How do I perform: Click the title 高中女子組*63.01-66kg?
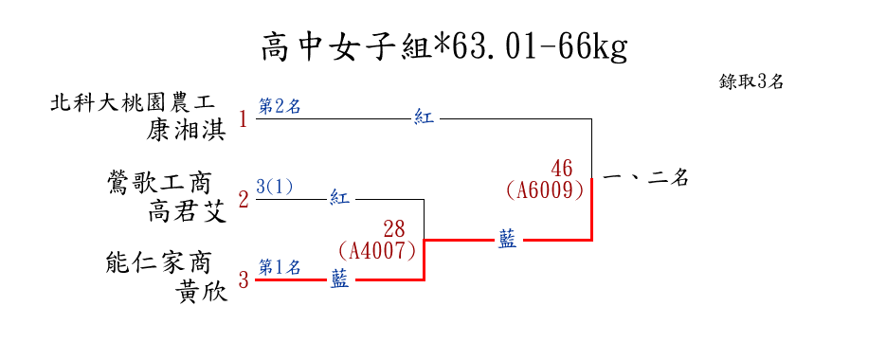click(444, 47)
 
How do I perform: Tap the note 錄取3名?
click(750, 81)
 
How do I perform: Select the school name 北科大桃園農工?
click(133, 103)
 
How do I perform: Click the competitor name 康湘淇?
click(186, 131)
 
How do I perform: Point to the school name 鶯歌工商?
click(159, 183)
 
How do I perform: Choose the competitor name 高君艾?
click(187, 212)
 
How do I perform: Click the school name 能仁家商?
click(158, 262)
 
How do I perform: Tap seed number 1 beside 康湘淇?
click(244, 119)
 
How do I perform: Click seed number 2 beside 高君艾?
click(244, 200)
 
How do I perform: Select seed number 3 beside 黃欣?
click(244, 279)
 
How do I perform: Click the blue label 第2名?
click(280, 106)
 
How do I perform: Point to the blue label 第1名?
click(280, 266)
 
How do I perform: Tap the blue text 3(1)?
click(275, 187)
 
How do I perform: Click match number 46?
click(562, 168)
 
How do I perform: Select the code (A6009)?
click(544, 190)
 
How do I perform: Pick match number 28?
click(394, 229)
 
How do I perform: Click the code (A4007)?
click(377, 251)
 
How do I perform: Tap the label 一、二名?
click(646, 179)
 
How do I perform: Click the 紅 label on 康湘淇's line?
click(425, 118)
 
